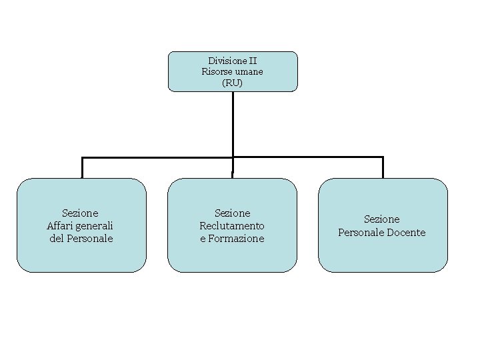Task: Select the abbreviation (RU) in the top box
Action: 233,83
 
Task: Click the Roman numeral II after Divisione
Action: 252,61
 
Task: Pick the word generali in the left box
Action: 95,225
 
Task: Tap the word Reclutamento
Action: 232,225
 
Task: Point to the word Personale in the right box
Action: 363,232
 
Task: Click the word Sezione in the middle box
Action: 232,213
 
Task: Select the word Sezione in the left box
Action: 80,213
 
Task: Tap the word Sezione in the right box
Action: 381,219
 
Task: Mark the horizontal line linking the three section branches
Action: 160,157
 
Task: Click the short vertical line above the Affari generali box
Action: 82,167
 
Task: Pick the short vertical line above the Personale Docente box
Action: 383,167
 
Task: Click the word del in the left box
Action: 57,238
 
